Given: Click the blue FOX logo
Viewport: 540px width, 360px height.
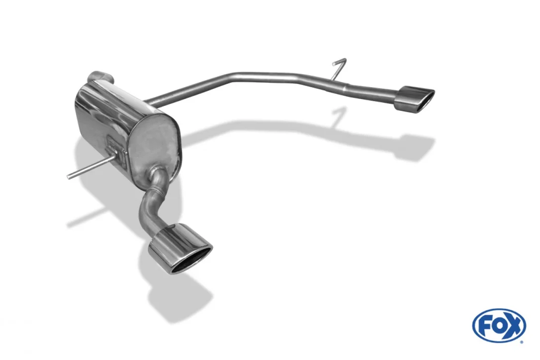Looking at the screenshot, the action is [499, 326].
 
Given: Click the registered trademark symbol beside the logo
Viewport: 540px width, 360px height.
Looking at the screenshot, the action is [522, 342].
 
